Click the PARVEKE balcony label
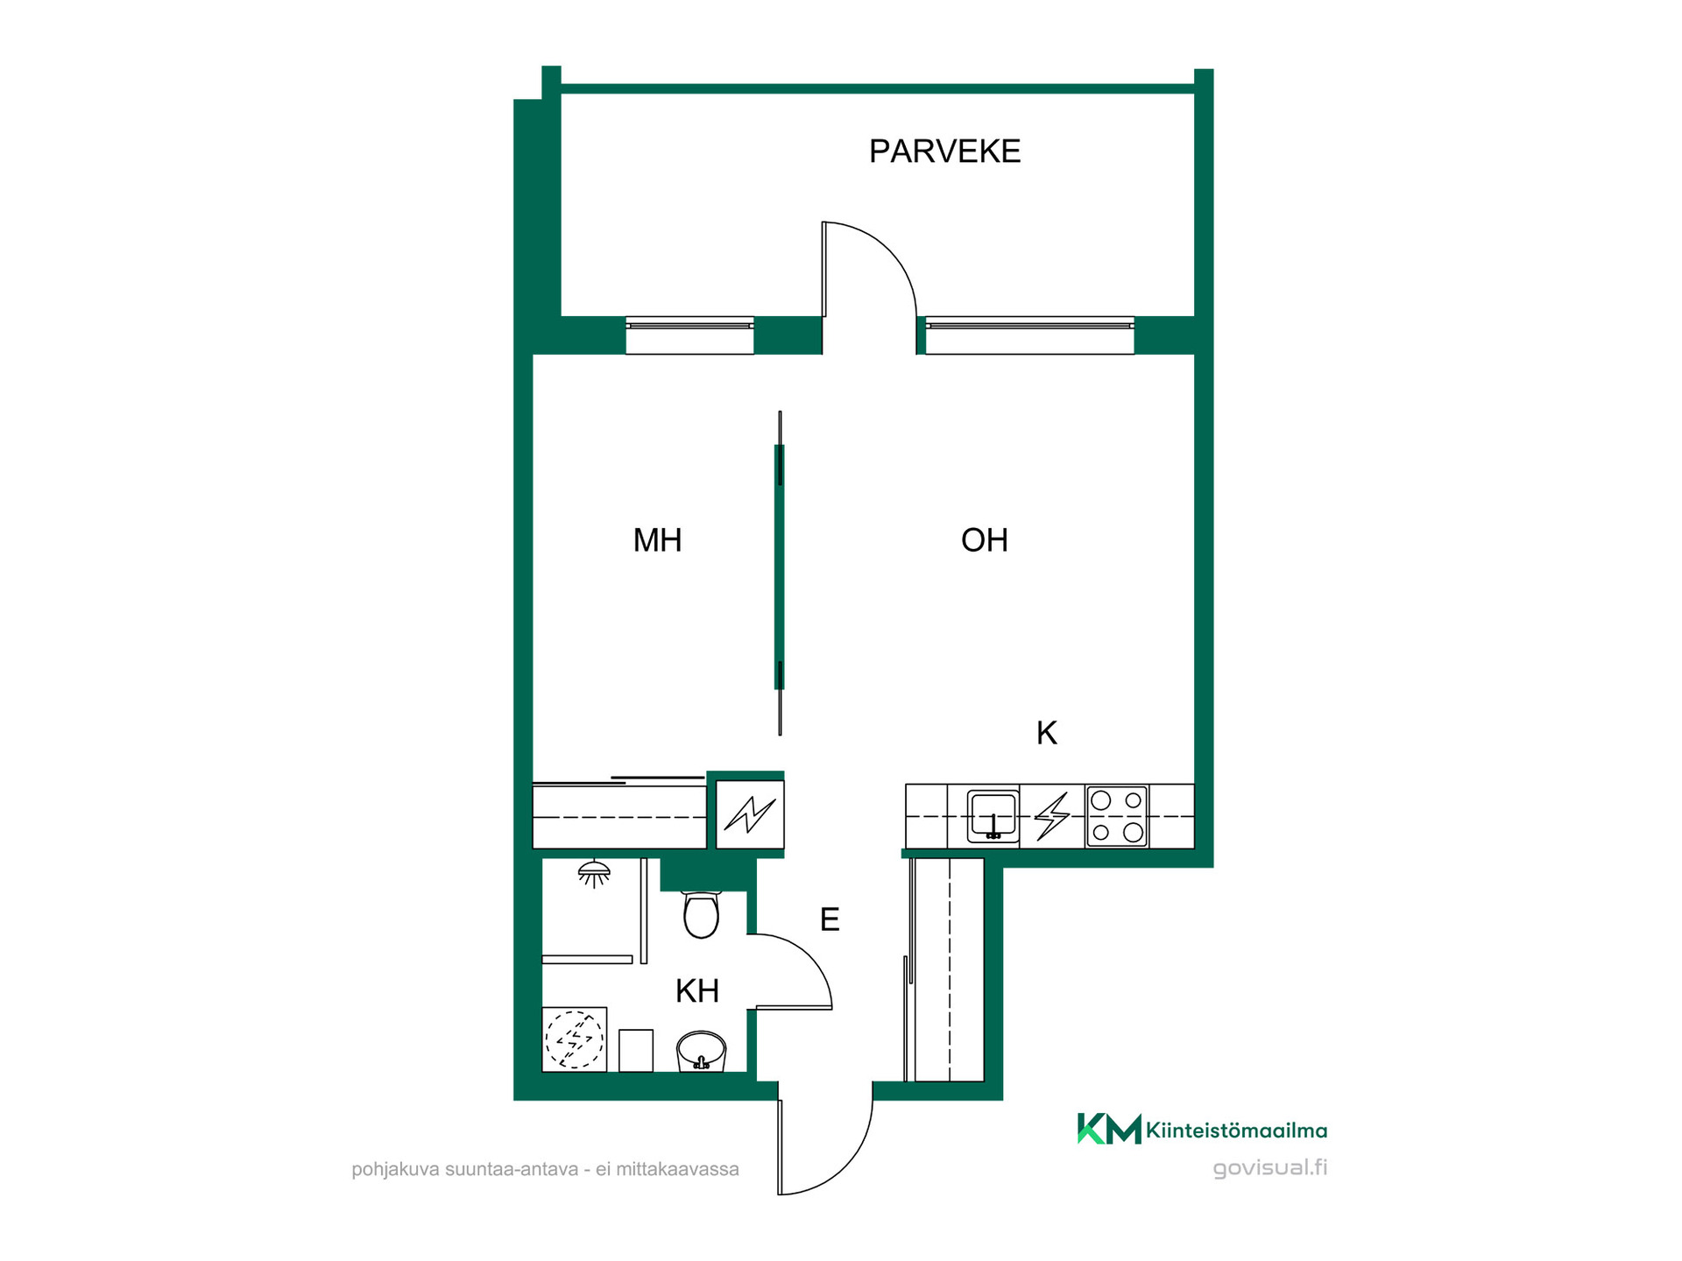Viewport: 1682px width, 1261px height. [x=944, y=151]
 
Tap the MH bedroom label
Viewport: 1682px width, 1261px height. [x=657, y=540]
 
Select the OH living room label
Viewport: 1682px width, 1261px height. [x=984, y=540]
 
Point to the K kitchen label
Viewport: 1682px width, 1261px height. [x=1047, y=733]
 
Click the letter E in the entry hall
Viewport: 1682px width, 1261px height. [x=830, y=919]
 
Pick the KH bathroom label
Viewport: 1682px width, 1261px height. [x=697, y=991]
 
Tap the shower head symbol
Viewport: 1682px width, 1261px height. [x=594, y=873]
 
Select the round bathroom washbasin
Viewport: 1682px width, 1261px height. [x=701, y=1051]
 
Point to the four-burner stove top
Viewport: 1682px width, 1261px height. [x=1117, y=816]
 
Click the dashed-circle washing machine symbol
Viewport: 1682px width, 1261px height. [x=575, y=1039]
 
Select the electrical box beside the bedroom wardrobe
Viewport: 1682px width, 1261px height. [x=750, y=814]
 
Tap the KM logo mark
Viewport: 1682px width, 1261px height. [x=1109, y=1129]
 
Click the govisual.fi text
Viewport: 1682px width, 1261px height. [x=1270, y=1168]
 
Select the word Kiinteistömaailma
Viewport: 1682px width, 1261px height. [x=1237, y=1131]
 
